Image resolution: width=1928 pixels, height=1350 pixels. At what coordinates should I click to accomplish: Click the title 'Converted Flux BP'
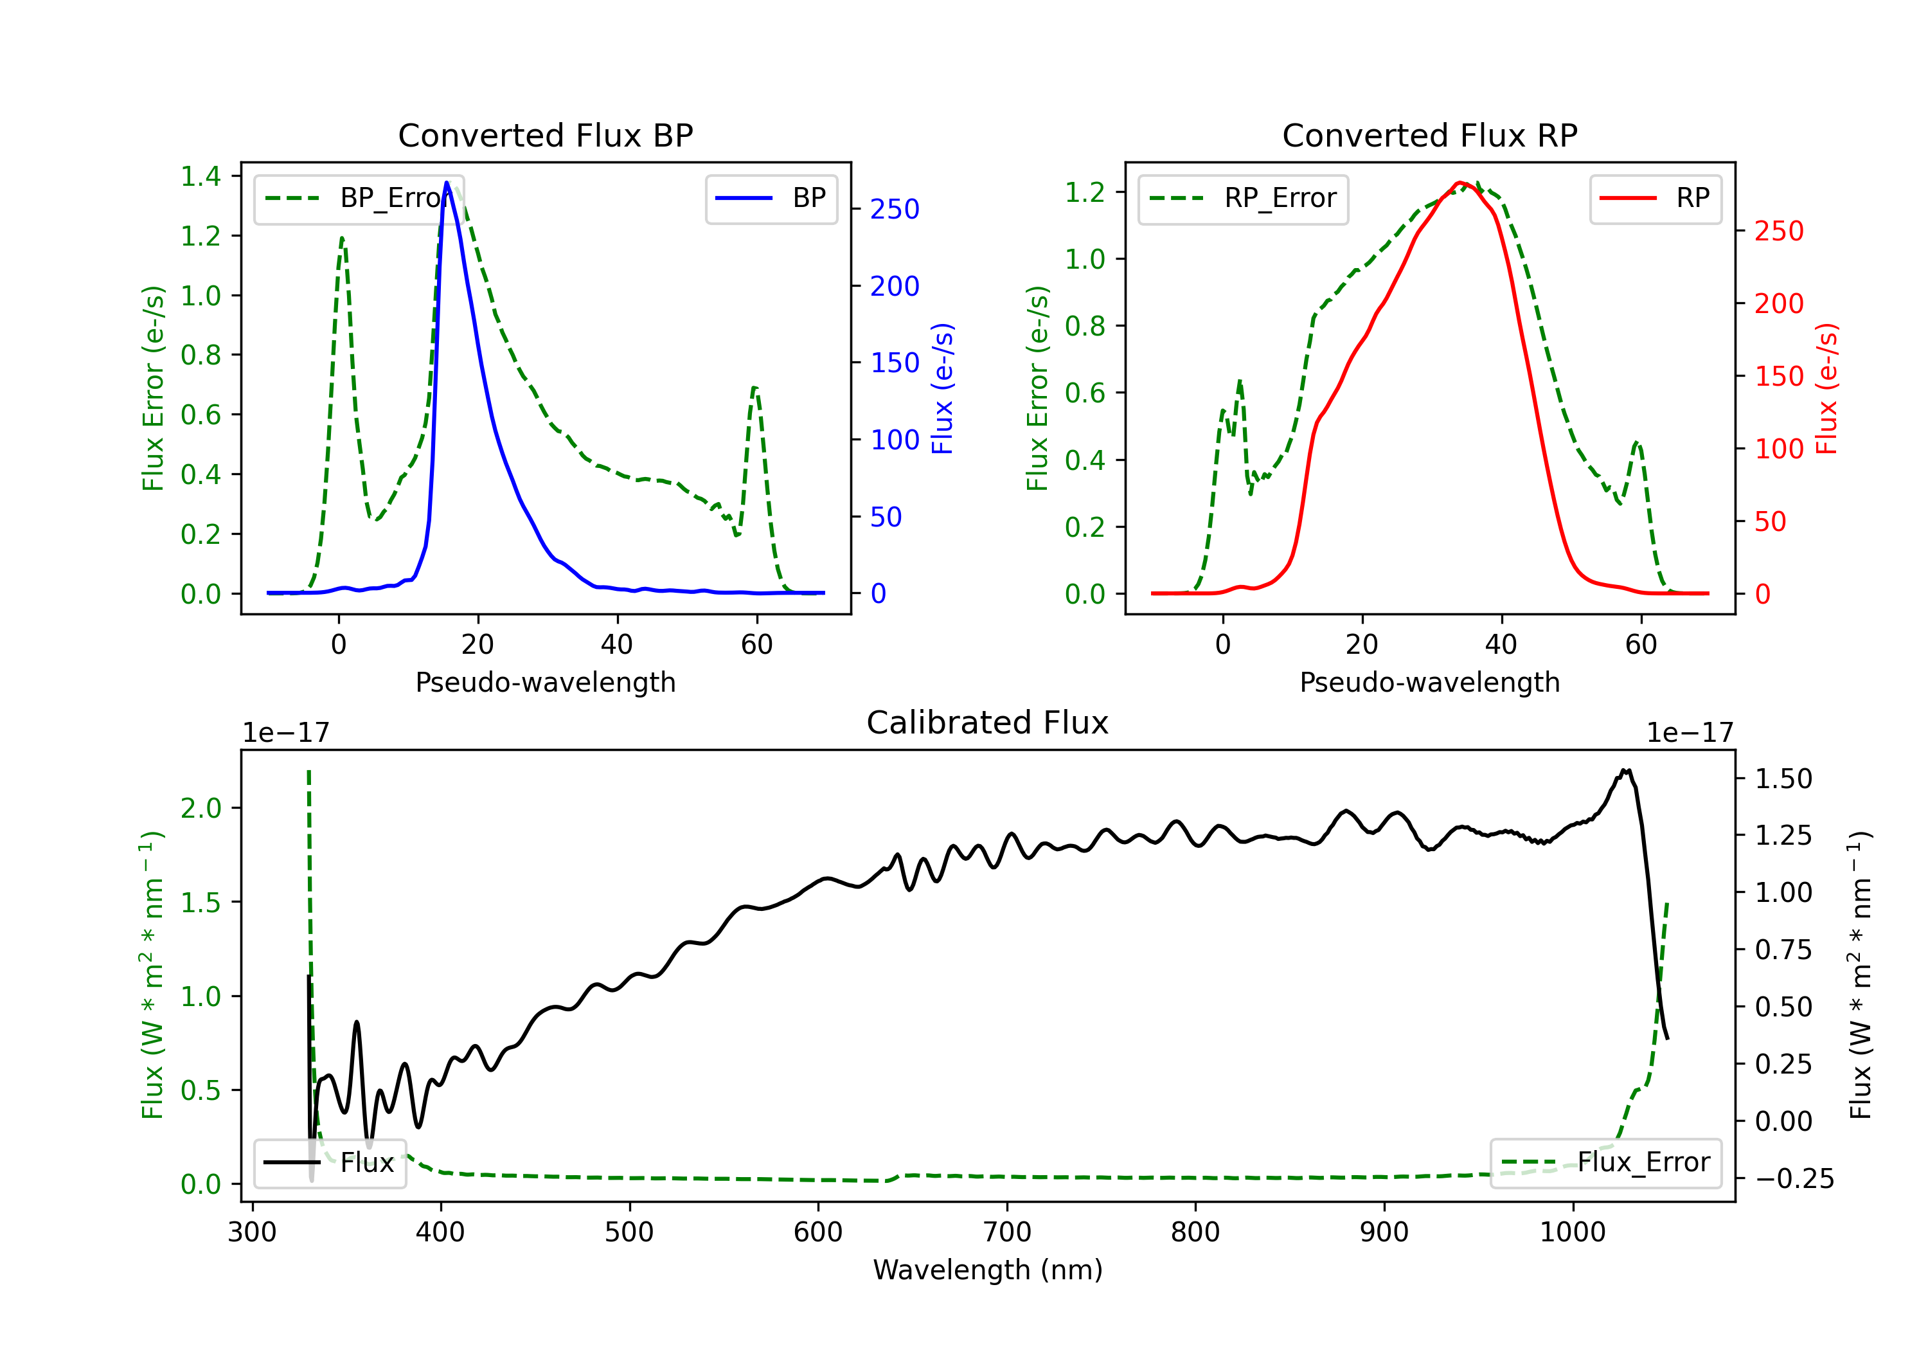click(545, 135)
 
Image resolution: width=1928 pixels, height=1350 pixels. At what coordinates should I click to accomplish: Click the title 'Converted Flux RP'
click(1429, 135)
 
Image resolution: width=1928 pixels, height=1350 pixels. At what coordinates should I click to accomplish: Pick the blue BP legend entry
click(771, 198)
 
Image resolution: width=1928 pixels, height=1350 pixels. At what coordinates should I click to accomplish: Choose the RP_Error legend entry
click(1243, 198)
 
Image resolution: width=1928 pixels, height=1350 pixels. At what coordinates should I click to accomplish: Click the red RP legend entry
click(1655, 198)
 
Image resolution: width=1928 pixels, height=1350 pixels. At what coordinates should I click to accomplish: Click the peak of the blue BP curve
click(447, 183)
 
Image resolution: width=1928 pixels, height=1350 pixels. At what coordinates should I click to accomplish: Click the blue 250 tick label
click(895, 209)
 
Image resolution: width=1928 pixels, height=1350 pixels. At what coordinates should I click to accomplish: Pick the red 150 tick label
click(1778, 376)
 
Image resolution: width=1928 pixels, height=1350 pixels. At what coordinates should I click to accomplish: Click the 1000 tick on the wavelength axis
click(1572, 1232)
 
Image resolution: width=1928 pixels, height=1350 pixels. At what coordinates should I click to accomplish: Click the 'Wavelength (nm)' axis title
click(988, 1270)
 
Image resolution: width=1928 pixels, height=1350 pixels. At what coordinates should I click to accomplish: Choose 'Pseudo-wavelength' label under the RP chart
click(1429, 682)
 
